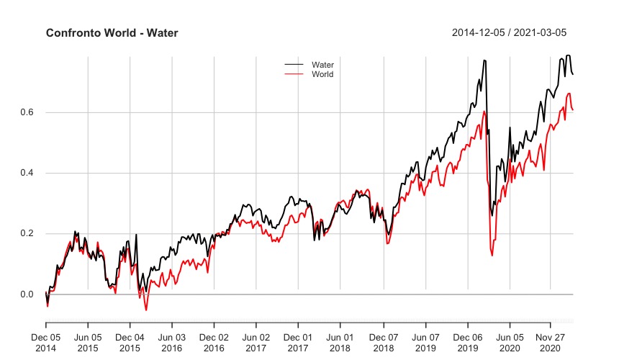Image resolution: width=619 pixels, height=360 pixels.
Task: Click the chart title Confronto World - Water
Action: point(112,33)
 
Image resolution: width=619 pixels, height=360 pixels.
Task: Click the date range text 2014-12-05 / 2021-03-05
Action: point(512,33)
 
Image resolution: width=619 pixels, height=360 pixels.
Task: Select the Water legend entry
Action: point(322,65)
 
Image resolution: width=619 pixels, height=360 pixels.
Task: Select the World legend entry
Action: point(322,74)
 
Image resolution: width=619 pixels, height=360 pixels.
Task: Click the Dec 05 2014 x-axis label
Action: point(46,342)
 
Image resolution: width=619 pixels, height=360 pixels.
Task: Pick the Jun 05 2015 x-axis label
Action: point(88,342)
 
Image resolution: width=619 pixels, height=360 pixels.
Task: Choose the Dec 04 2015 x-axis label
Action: point(130,342)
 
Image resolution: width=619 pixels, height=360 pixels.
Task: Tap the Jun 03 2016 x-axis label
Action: point(172,342)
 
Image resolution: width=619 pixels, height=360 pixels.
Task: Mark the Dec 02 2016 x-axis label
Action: point(214,342)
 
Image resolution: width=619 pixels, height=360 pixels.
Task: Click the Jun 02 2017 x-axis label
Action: point(256,342)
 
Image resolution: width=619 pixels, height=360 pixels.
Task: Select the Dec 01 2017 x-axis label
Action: point(298,342)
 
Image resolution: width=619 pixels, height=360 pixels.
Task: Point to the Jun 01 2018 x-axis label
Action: point(340,342)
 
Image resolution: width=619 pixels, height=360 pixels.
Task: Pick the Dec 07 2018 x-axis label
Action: point(384,342)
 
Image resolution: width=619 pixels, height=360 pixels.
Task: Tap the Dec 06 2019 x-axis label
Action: point(467,342)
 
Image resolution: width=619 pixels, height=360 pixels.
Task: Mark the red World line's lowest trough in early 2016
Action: point(146,310)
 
